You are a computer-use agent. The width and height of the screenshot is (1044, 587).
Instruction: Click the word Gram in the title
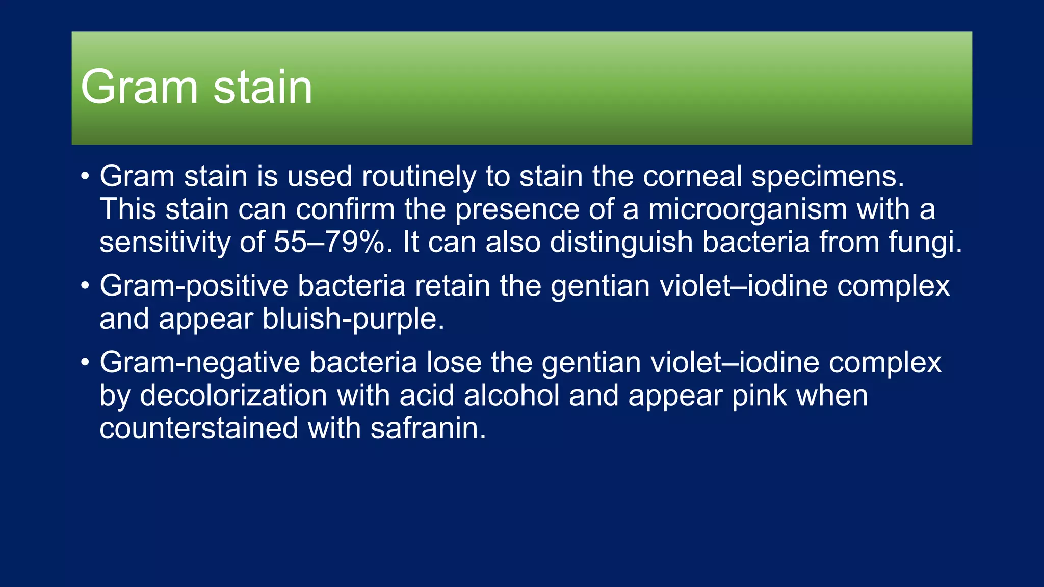tap(139, 87)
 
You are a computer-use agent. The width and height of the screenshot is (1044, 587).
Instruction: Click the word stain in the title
tap(263, 87)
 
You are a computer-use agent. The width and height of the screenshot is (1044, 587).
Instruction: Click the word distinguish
tap(621, 243)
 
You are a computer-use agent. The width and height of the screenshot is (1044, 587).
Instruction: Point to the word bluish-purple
tap(353, 319)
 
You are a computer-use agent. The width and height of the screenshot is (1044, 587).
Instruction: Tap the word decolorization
tap(233, 395)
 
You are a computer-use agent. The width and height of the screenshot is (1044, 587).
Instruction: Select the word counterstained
tap(199, 428)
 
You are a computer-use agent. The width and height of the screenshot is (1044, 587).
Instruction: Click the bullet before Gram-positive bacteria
tap(85, 286)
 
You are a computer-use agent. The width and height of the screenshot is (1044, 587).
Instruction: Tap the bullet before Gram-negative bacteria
tap(85, 363)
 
